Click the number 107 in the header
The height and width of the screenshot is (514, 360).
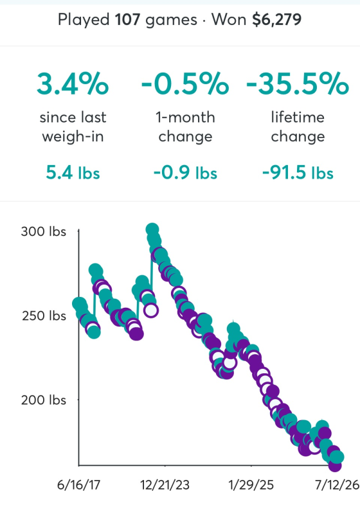127,20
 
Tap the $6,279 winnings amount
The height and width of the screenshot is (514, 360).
276,20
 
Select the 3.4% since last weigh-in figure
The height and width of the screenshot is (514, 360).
73,84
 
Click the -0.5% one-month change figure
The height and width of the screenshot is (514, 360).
185,84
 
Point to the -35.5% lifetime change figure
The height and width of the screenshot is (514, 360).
298,84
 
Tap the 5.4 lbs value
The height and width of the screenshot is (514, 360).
73,173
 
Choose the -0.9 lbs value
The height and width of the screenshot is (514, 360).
185,173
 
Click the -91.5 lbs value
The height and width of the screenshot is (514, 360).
298,173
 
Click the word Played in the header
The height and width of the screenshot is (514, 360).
84,21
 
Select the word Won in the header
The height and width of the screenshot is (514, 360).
229,20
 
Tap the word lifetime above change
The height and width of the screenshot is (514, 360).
298,117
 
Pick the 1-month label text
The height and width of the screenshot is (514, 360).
185,117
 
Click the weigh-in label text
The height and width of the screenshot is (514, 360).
73,137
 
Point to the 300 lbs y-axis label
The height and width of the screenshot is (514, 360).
44,231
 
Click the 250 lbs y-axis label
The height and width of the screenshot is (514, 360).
44,315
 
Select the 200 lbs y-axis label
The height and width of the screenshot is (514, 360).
44,400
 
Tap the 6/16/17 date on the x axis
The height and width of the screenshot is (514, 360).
78,485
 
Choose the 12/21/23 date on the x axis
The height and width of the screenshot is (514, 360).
165,485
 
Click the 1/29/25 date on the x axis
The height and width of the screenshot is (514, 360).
251,485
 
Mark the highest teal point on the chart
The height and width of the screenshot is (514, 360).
152,229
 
